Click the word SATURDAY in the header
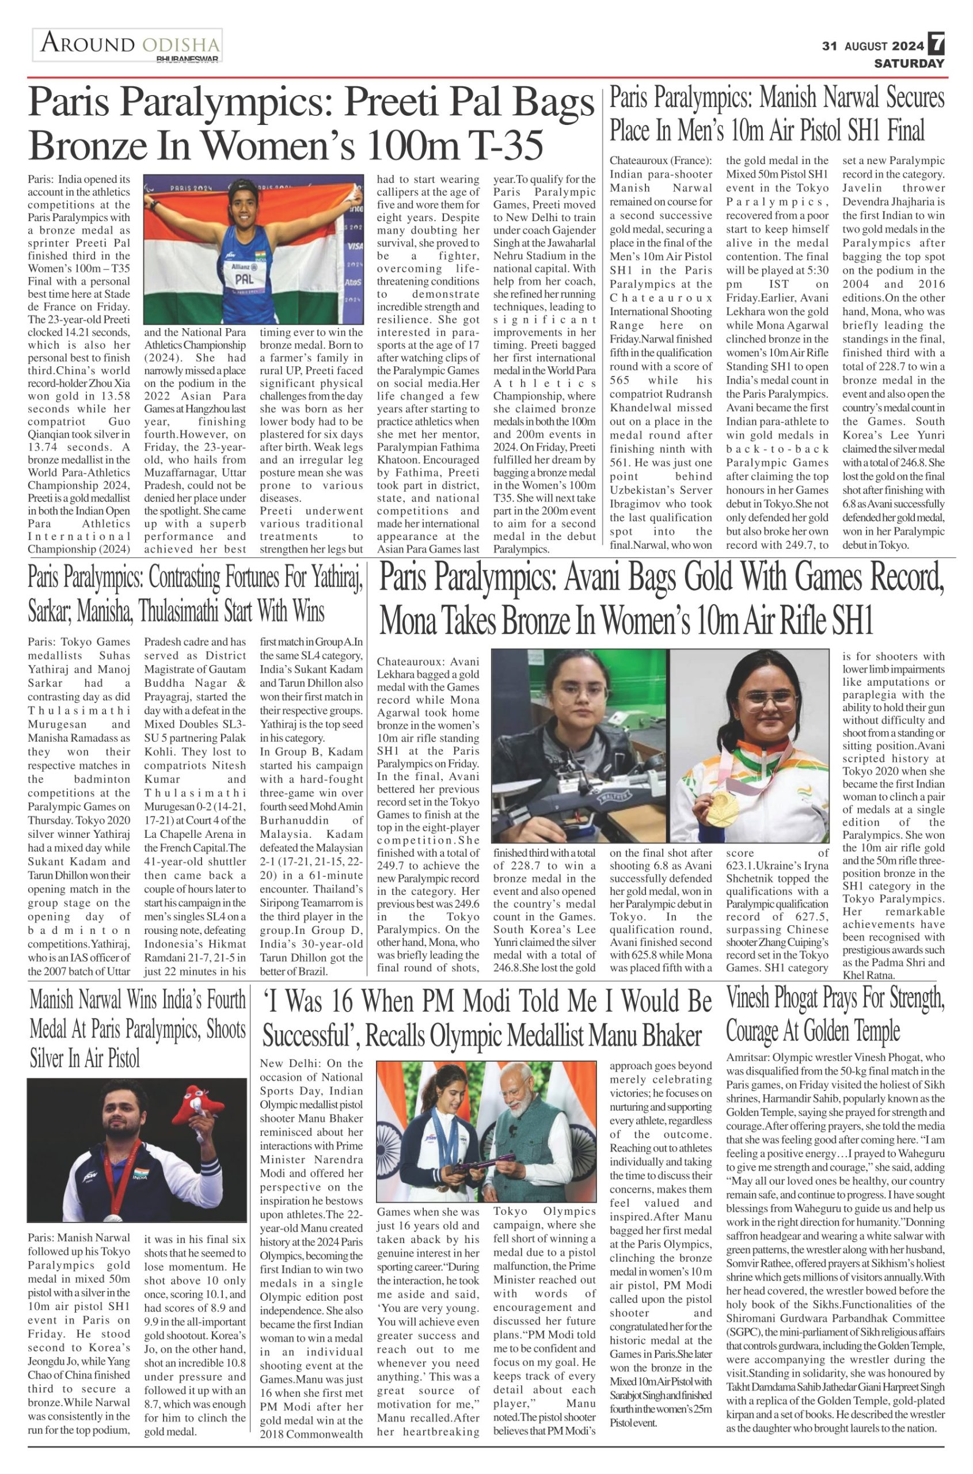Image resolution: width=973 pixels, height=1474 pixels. pos(909,63)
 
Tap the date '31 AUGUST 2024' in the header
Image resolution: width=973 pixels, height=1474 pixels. pos(872,46)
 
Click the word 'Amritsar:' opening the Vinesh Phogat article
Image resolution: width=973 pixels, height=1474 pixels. pos(747,1058)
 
